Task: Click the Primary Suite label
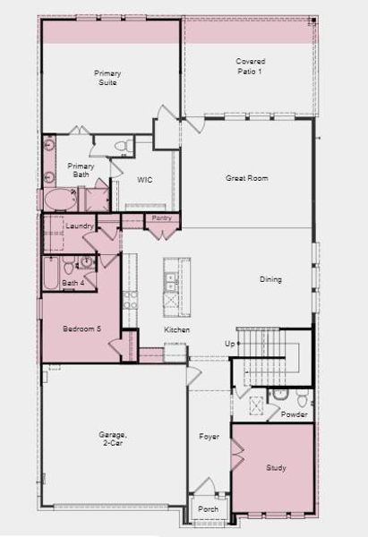tap(107, 77)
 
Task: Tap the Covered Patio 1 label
tap(250, 66)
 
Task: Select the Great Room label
tap(246, 178)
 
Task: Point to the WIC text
tap(144, 180)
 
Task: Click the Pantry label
tap(161, 217)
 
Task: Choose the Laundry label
tap(80, 226)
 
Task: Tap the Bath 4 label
tap(73, 284)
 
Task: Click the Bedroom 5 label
tap(81, 329)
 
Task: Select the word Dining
tap(270, 279)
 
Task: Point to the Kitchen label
tap(176, 330)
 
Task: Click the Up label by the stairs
tap(229, 344)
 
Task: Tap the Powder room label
tap(294, 414)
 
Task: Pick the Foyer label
tap(209, 437)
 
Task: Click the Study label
tap(276, 468)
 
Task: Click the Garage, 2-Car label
tap(114, 439)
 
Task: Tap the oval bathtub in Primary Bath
tap(61, 199)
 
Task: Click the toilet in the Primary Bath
tap(127, 144)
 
